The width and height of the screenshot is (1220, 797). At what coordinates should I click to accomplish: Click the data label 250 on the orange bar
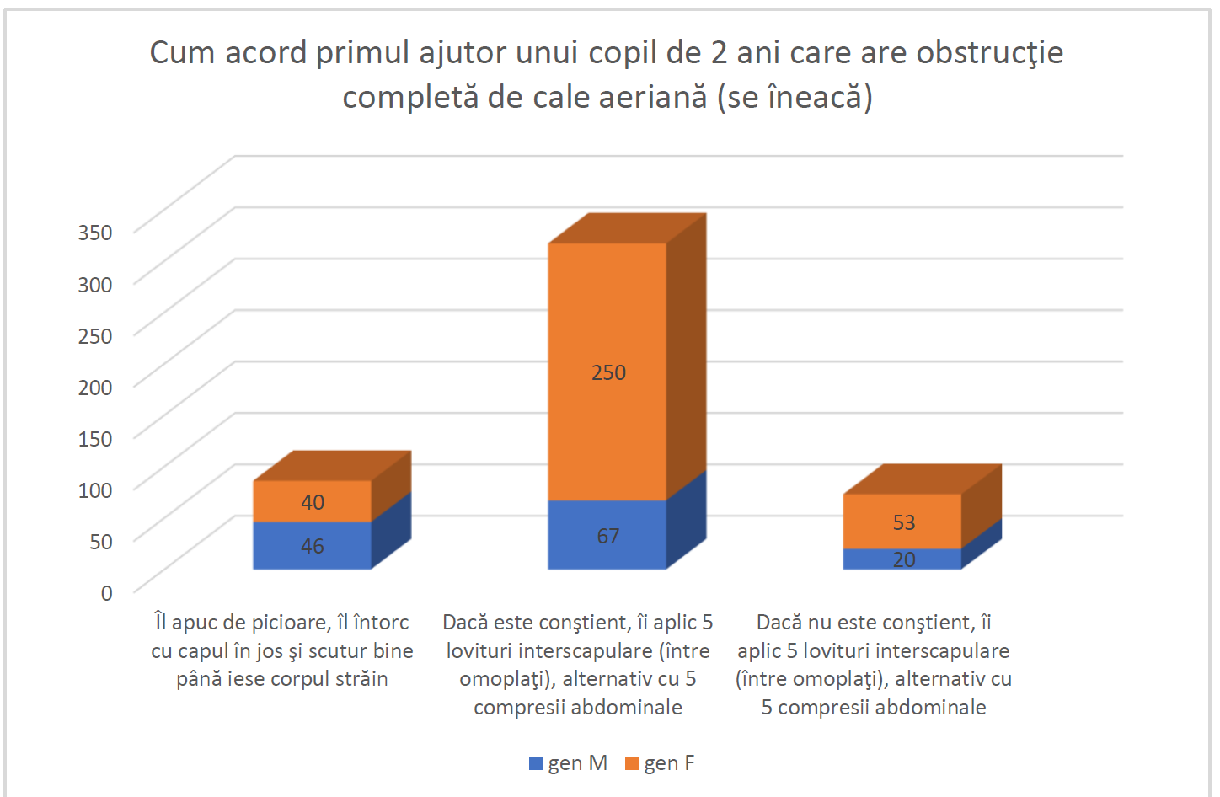[x=608, y=372]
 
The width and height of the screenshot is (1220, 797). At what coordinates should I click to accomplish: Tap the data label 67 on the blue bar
[x=608, y=536]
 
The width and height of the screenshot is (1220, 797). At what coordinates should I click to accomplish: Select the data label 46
[x=313, y=546]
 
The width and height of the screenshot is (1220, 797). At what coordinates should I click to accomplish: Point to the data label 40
[x=313, y=502]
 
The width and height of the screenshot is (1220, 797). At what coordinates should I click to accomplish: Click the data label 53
[x=904, y=522]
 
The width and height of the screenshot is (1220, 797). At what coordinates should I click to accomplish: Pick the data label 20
[x=904, y=559]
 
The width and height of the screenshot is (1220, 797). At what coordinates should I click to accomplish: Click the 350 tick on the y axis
[x=95, y=233]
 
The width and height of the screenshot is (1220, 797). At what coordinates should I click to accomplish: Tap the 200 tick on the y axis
[x=95, y=387]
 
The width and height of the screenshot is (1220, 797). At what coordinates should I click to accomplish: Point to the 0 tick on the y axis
[x=106, y=593]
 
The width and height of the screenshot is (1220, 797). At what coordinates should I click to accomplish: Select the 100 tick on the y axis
[x=95, y=489]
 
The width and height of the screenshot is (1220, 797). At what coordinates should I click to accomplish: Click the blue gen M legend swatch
[x=536, y=763]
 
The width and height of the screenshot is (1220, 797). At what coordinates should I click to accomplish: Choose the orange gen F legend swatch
[x=632, y=763]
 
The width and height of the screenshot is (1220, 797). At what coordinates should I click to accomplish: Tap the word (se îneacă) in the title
[x=795, y=98]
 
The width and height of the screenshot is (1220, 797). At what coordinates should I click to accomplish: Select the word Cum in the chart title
[x=182, y=53]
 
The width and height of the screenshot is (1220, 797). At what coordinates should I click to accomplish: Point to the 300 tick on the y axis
[x=95, y=284]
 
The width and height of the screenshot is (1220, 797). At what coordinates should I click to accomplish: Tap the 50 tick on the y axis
[x=101, y=541]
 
